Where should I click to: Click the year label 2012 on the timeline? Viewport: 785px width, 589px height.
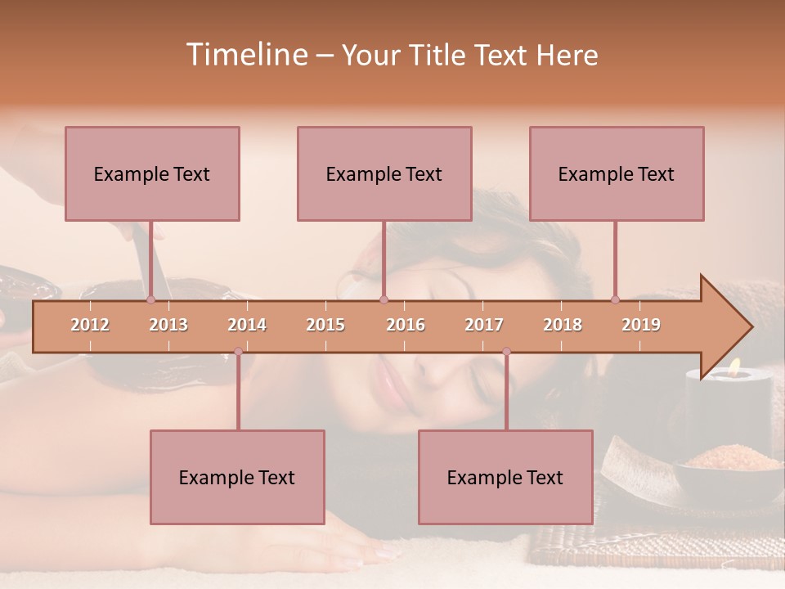(x=90, y=325)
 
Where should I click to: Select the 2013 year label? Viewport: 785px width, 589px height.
(x=168, y=325)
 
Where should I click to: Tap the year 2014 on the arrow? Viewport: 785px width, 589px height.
(x=247, y=325)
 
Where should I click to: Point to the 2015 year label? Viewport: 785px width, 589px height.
(x=325, y=325)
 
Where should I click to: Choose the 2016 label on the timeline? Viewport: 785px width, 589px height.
(x=406, y=325)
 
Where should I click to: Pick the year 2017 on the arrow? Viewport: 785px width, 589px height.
(x=484, y=325)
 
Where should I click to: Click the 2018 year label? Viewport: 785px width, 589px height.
(x=563, y=325)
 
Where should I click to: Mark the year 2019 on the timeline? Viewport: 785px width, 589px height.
(x=641, y=325)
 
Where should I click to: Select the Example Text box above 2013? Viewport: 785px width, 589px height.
(x=152, y=173)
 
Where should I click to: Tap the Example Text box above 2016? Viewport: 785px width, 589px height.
(x=384, y=173)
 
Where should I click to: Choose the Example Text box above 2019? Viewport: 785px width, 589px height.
(x=617, y=173)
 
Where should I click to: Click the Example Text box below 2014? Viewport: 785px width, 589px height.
(x=237, y=477)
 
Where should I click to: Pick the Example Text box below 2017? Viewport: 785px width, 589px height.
(x=505, y=477)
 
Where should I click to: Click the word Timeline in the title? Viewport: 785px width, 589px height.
(x=245, y=55)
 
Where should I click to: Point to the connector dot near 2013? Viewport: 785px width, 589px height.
(x=150, y=299)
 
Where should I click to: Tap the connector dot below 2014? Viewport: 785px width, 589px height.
(x=238, y=352)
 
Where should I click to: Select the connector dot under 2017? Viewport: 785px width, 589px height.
(x=506, y=352)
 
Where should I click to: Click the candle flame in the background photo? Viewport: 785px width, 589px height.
(x=734, y=367)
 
